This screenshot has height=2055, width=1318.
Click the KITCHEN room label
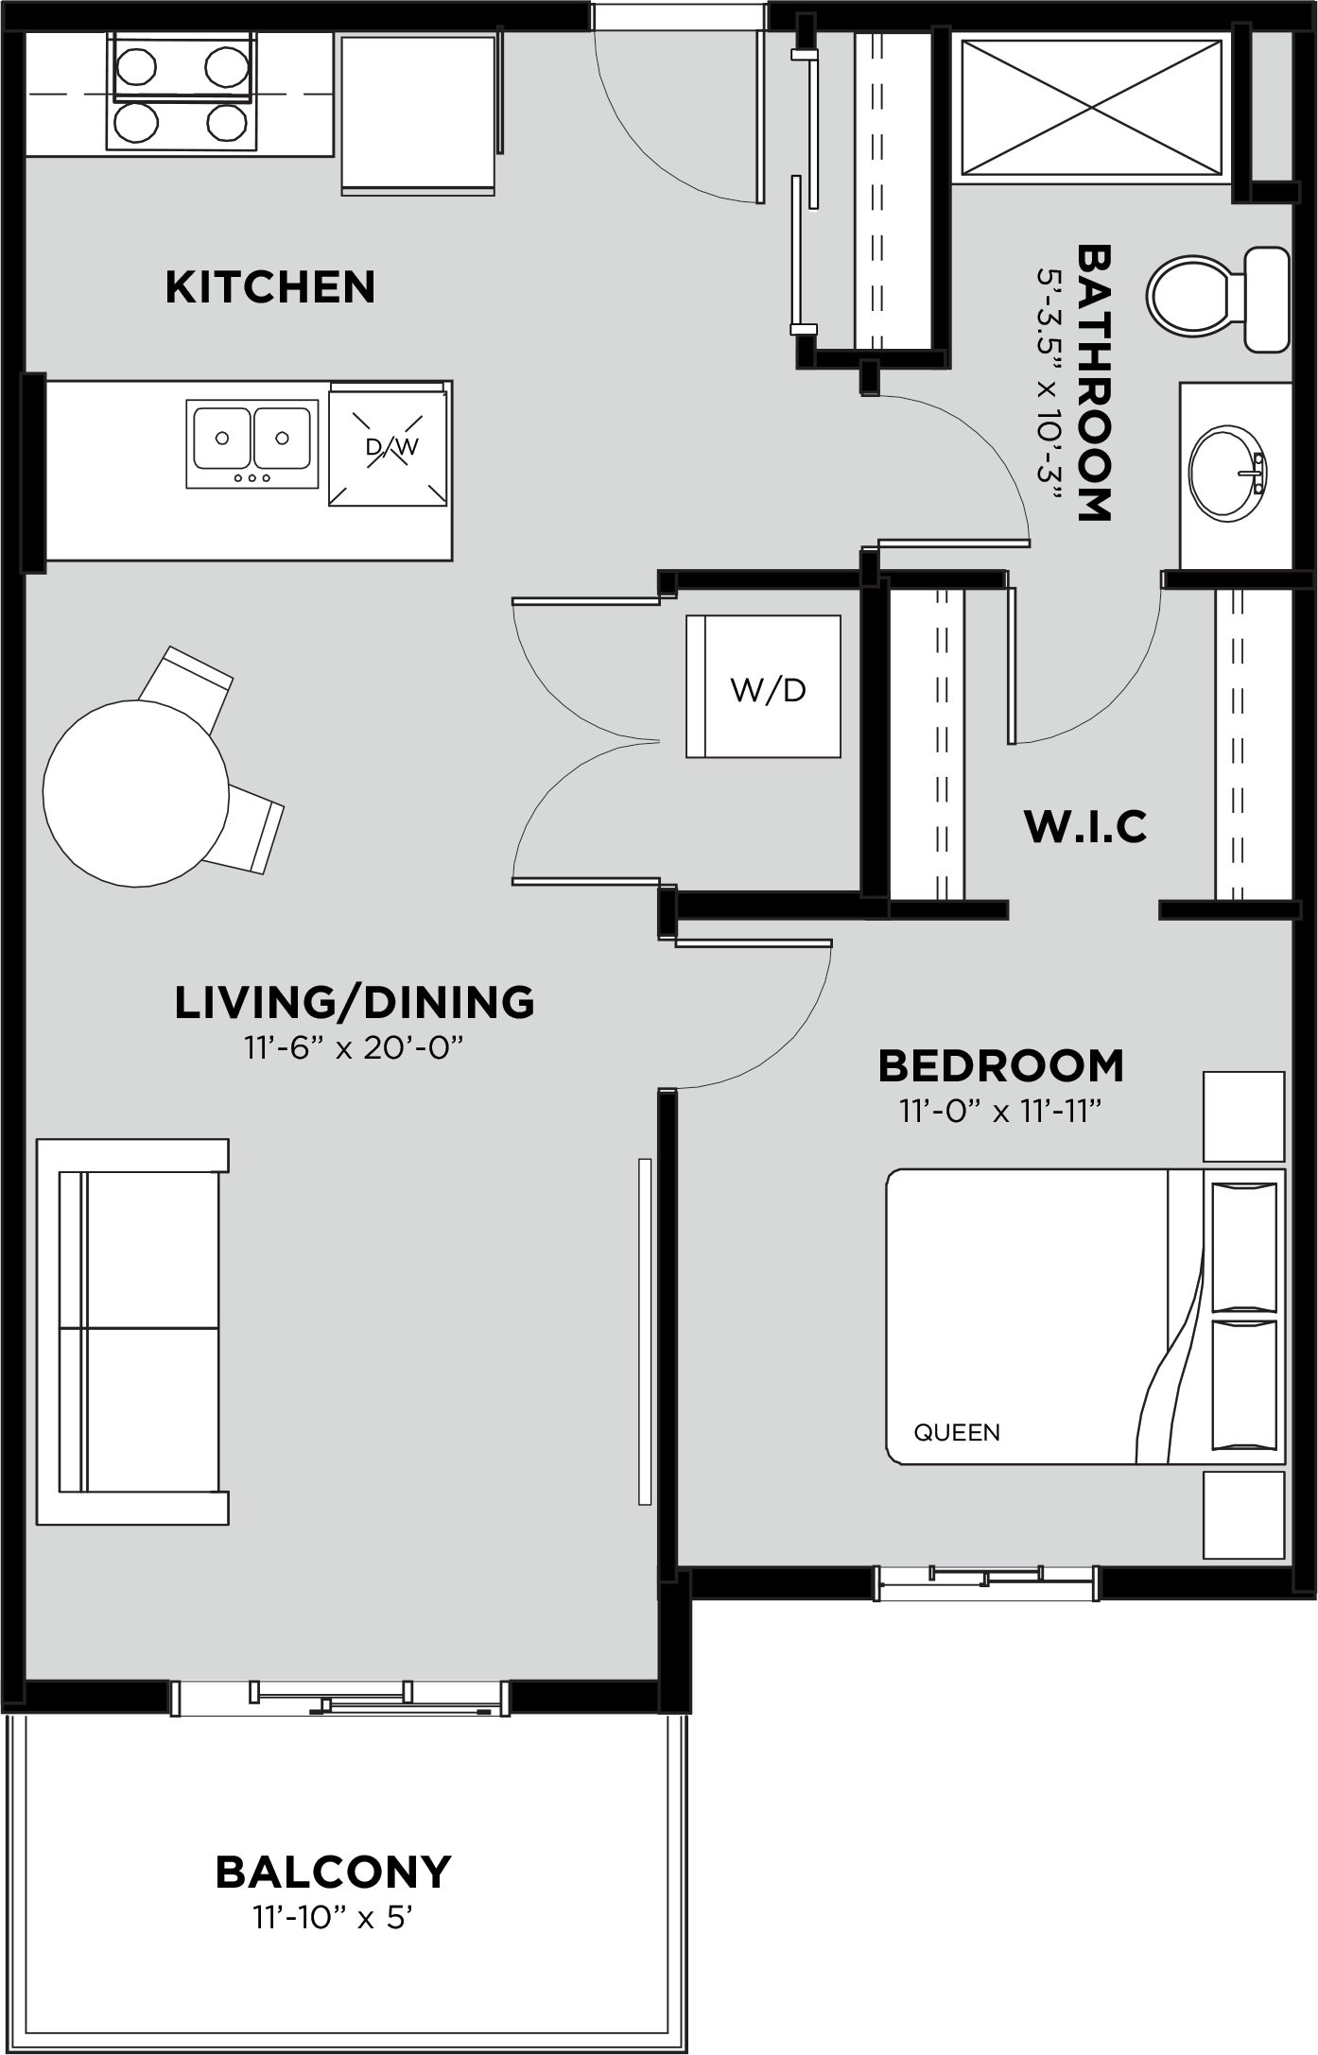point(270,287)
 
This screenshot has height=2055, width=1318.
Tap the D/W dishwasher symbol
point(388,445)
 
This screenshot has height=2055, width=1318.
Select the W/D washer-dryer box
point(764,686)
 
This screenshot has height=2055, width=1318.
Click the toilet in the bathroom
point(1218,298)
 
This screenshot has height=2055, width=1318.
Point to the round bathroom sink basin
point(1227,474)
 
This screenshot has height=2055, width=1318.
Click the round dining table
point(136,792)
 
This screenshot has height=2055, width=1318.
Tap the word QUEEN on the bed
point(957,1432)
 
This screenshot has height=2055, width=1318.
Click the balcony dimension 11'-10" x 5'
point(334,1918)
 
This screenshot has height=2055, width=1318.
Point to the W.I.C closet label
point(1085,826)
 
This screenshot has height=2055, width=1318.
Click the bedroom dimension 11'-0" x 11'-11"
point(1001,1111)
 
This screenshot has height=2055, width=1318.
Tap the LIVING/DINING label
point(355,1002)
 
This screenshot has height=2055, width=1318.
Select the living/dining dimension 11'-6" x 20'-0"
point(355,1048)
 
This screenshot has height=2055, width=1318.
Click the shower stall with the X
point(1091,107)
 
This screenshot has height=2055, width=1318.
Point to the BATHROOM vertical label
point(1094,383)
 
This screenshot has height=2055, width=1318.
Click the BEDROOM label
point(1001,1065)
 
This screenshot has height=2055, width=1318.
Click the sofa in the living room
point(132,1332)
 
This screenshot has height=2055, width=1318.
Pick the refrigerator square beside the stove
point(419,114)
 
